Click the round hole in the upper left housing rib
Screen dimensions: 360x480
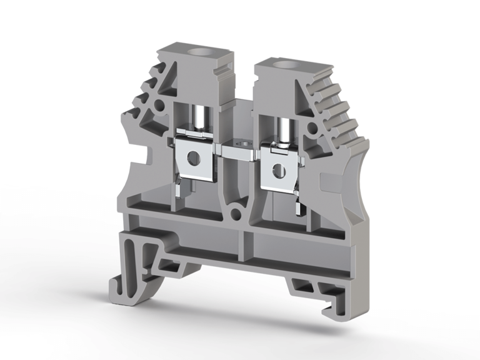[x=161, y=104]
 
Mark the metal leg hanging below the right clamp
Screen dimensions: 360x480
[x=292, y=197]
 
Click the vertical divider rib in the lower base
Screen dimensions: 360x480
[x=246, y=244]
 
